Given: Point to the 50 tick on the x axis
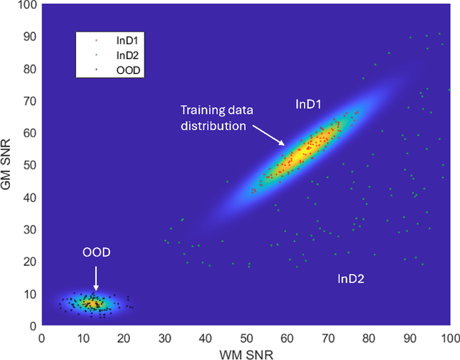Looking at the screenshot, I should [246, 336].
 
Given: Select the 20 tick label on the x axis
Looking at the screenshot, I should [123, 336].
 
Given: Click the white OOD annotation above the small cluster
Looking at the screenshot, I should [96, 254].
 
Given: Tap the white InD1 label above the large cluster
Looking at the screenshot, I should [308, 104].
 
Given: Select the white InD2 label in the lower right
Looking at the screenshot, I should [351, 278].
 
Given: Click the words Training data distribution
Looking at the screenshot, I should [213, 118].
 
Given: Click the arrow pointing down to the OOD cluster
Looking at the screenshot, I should [96, 277].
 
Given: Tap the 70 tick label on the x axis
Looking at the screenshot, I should [328, 336].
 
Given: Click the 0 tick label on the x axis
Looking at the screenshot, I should [42, 336].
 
